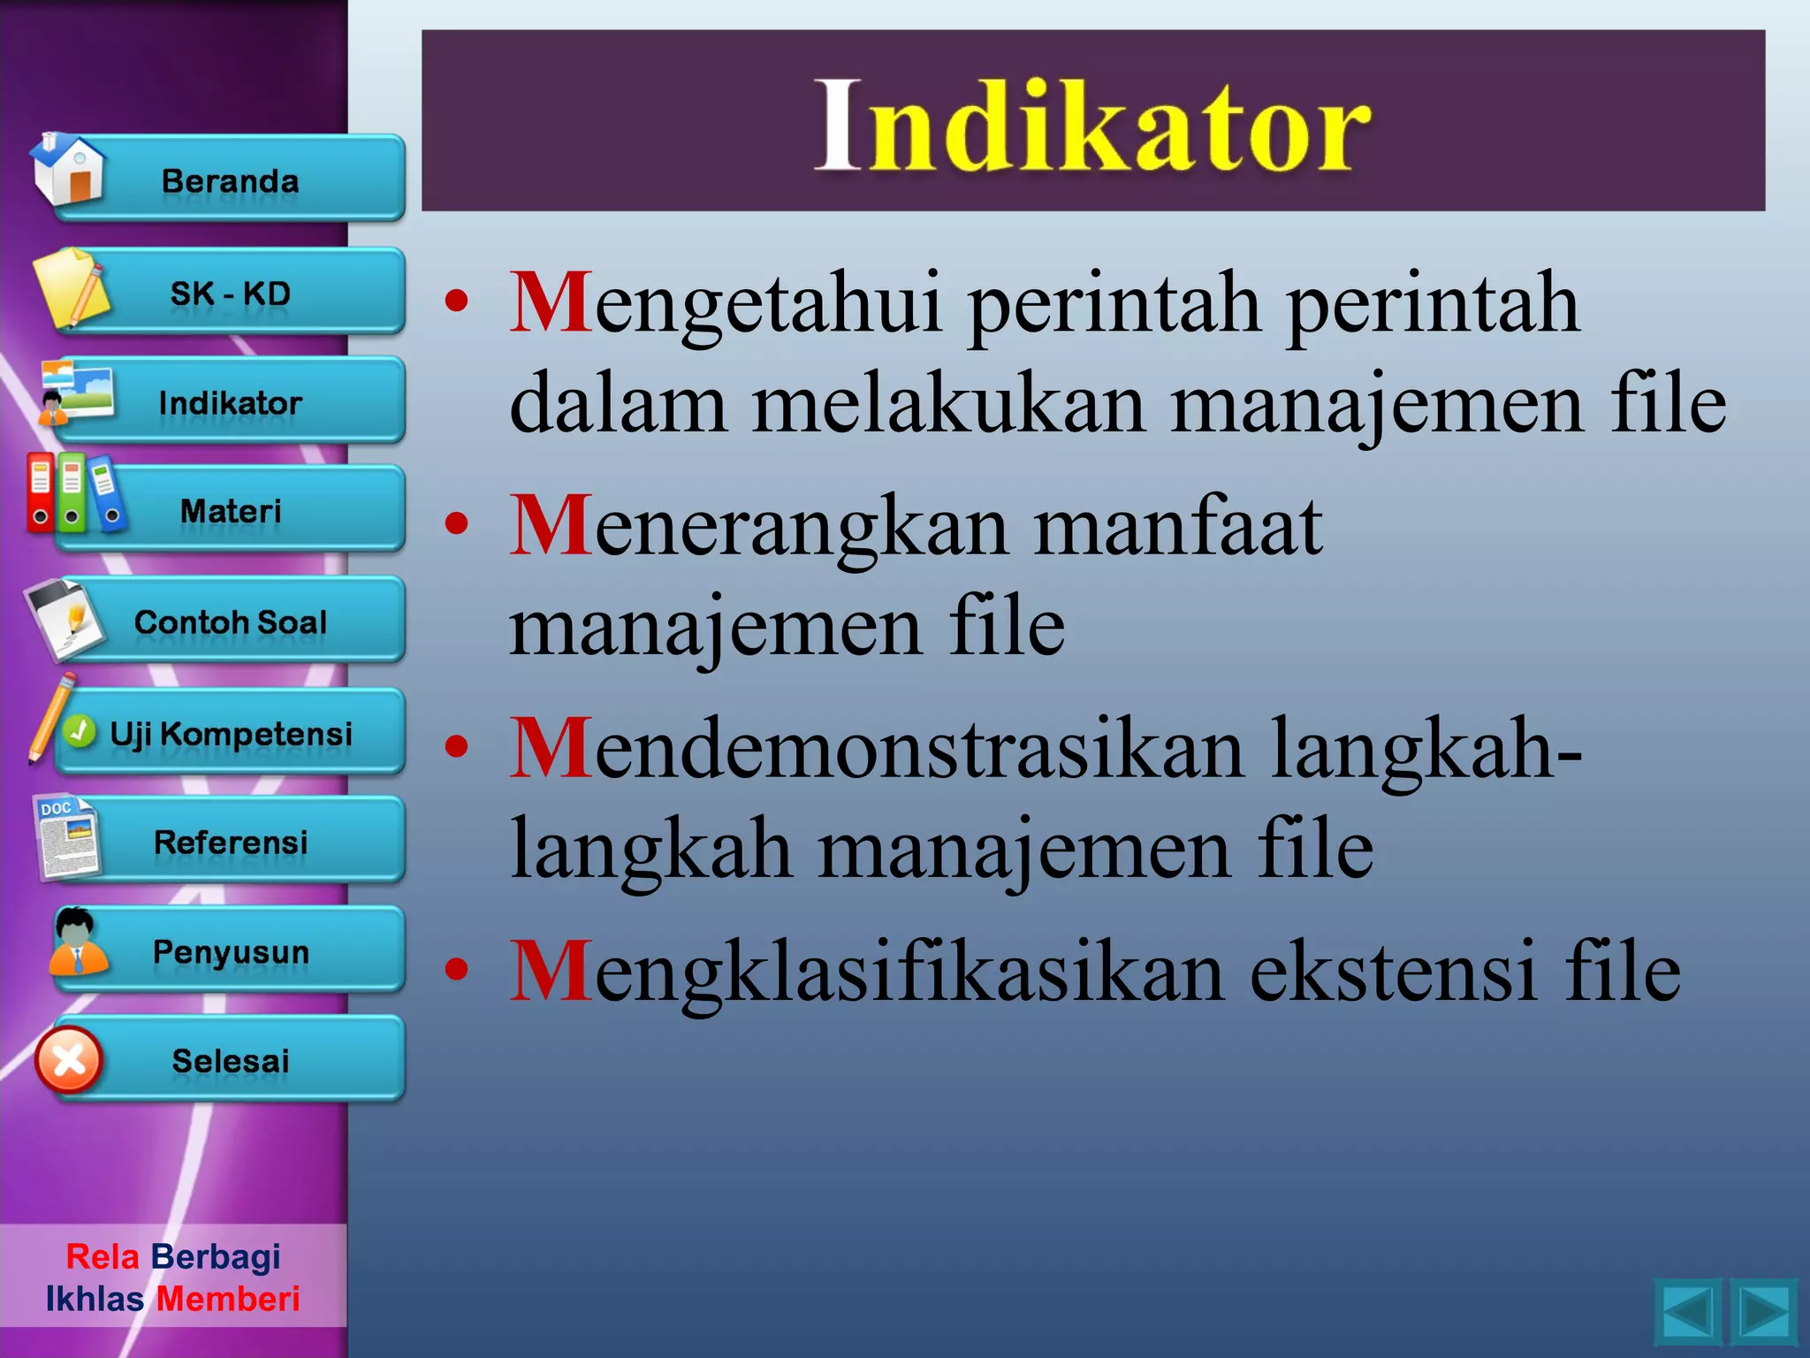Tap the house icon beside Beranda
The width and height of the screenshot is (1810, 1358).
[68, 170]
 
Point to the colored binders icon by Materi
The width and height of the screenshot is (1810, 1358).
[72, 492]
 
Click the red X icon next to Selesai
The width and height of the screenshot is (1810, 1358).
[69, 1059]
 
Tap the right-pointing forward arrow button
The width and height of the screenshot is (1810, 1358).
[1763, 1313]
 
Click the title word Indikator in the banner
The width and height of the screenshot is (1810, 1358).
[1092, 126]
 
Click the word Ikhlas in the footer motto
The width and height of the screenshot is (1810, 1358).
[95, 1299]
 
